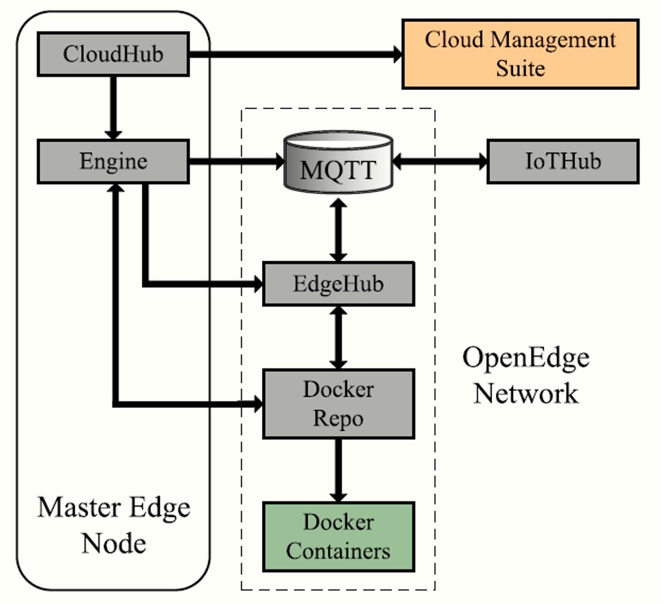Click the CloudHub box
click(x=113, y=53)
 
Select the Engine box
click(x=113, y=161)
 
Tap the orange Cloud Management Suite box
click(x=520, y=53)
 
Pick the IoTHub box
click(x=563, y=161)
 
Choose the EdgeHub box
click(x=338, y=284)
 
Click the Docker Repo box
click(x=338, y=404)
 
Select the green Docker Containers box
click(x=338, y=536)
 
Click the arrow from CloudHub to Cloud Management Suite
click(x=295, y=53)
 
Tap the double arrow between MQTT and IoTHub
click(x=440, y=161)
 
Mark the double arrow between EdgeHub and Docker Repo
click(x=338, y=338)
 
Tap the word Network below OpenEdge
click(x=526, y=393)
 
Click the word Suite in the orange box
click(x=520, y=68)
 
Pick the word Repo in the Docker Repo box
click(x=338, y=418)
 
